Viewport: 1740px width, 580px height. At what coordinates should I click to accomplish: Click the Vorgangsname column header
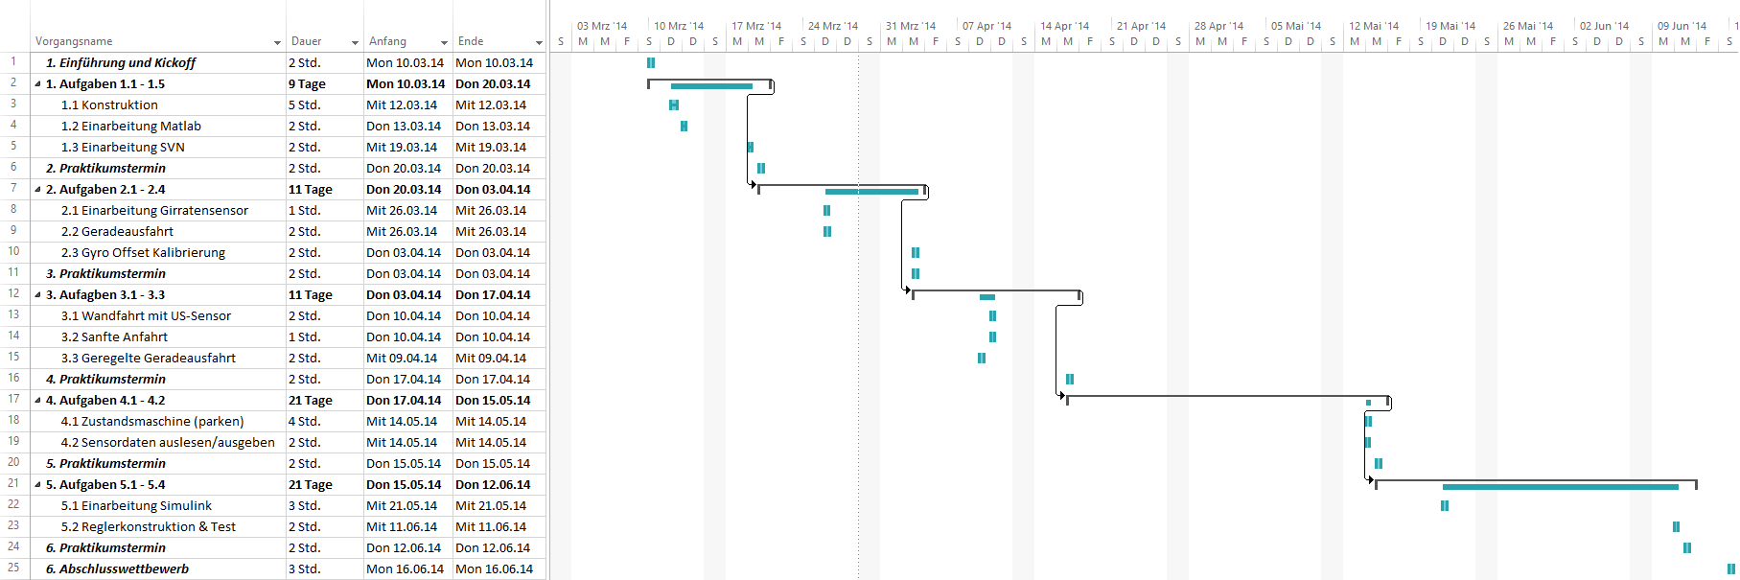74,41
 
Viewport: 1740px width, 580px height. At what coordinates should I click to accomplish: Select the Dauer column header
307,41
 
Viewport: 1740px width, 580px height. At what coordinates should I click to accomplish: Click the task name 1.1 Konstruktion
109,104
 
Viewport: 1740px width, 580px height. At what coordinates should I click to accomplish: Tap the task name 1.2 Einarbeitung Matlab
131,126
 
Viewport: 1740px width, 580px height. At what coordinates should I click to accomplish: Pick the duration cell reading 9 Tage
307,83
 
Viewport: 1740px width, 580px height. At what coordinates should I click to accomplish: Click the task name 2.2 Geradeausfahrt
117,231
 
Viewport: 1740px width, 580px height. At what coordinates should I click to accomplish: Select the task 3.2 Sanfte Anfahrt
114,336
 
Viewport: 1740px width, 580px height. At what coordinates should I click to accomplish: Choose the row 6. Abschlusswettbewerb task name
117,568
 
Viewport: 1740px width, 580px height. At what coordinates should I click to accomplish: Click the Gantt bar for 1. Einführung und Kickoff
651,62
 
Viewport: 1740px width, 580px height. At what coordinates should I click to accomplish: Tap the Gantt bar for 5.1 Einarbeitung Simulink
1445,505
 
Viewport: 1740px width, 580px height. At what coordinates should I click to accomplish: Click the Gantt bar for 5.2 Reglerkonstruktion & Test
1676,526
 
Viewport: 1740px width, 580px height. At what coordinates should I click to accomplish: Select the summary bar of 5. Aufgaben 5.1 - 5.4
1536,484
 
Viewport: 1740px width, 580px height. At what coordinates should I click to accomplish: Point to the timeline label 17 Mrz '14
756,26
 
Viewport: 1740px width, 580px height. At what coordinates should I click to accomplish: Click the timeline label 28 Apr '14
1218,26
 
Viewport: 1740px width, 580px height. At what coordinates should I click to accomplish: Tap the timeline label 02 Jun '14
1604,26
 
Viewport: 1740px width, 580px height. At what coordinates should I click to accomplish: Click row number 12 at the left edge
13,293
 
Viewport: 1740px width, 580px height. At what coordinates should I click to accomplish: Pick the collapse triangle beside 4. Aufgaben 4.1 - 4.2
38,401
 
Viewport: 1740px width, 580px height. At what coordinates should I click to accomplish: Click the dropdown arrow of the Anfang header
444,43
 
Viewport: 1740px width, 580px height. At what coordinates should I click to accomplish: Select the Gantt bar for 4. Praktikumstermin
1070,379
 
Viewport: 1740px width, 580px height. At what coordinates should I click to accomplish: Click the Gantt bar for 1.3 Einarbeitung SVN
750,147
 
